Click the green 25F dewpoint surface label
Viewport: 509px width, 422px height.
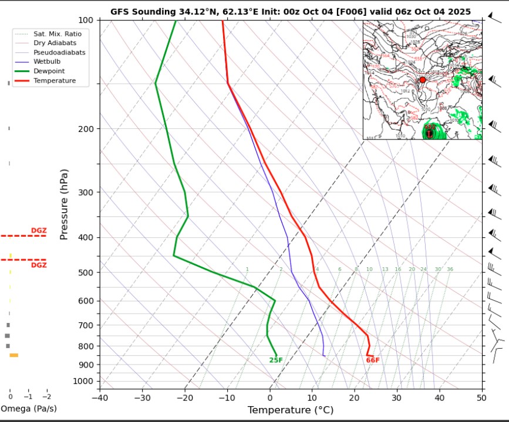(x=276, y=360)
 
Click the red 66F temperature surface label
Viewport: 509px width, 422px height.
(x=373, y=360)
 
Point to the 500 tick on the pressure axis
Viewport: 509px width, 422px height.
(x=86, y=273)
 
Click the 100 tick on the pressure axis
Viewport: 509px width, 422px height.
(x=86, y=20)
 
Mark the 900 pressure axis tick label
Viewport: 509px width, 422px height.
(x=86, y=365)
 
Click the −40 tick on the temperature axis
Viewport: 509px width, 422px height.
(x=99, y=397)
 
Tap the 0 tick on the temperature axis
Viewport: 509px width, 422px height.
(x=270, y=397)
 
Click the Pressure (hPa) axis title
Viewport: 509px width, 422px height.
(x=65, y=205)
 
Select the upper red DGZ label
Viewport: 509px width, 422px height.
(x=38, y=230)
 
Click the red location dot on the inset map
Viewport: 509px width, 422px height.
(x=422, y=80)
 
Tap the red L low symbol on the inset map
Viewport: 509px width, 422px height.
(x=430, y=133)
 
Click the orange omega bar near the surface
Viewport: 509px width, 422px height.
(x=14, y=355)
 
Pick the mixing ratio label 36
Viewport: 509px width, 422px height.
(x=450, y=269)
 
